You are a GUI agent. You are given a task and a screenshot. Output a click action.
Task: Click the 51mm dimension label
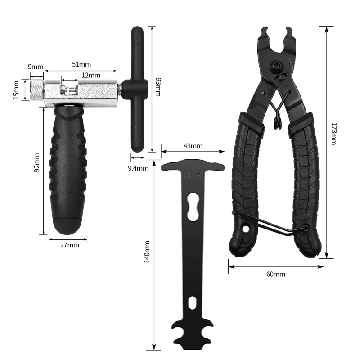(x=81, y=64)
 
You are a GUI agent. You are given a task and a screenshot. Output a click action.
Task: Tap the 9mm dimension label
(x=36, y=67)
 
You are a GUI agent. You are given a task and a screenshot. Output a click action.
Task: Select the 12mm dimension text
(x=91, y=75)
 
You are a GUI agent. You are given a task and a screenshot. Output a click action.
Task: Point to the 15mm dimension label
(x=16, y=90)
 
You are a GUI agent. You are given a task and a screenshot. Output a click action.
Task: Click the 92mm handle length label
(x=37, y=162)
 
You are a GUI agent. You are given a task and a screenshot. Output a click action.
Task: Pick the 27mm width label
(x=70, y=245)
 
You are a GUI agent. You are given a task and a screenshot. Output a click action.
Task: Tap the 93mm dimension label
(x=158, y=87)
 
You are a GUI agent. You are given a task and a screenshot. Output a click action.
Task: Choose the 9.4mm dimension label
(x=138, y=168)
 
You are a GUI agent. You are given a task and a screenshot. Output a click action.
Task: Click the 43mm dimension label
(x=193, y=146)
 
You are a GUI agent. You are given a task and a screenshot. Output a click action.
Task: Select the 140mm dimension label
(x=147, y=252)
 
